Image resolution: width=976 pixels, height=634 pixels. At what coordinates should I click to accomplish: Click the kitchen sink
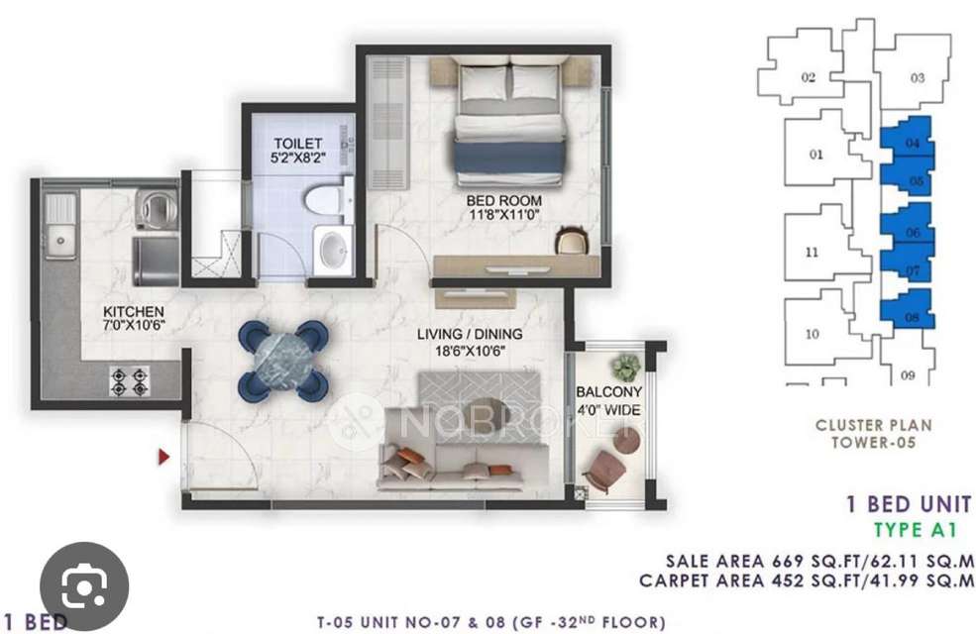[x=57, y=238]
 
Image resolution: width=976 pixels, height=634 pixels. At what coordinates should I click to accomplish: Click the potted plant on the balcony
[x=625, y=368]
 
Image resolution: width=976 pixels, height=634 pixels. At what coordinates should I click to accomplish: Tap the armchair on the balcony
[x=605, y=469]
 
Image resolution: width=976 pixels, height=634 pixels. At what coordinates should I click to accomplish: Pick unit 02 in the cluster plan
[x=808, y=77]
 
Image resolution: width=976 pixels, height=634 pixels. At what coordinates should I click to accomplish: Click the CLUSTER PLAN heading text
[x=873, y=425]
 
